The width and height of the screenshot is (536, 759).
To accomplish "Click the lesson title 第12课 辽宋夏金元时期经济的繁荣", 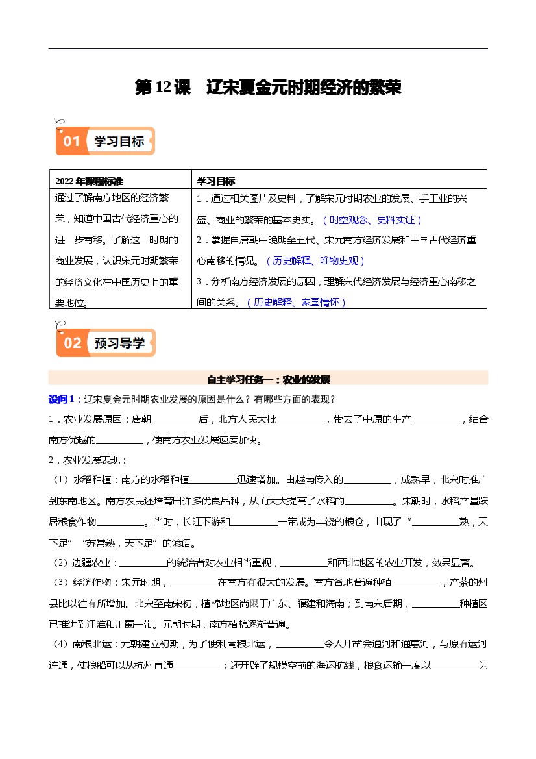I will click(268, 88).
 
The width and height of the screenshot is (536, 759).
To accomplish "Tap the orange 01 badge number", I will click(71, 141).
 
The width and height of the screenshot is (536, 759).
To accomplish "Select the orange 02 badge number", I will click(72, 343).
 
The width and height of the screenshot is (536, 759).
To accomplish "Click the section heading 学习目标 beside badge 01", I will click(119, 141).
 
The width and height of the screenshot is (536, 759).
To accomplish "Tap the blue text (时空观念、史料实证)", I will click(372, 220).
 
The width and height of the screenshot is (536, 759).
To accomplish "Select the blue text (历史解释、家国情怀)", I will click(297, 302).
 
